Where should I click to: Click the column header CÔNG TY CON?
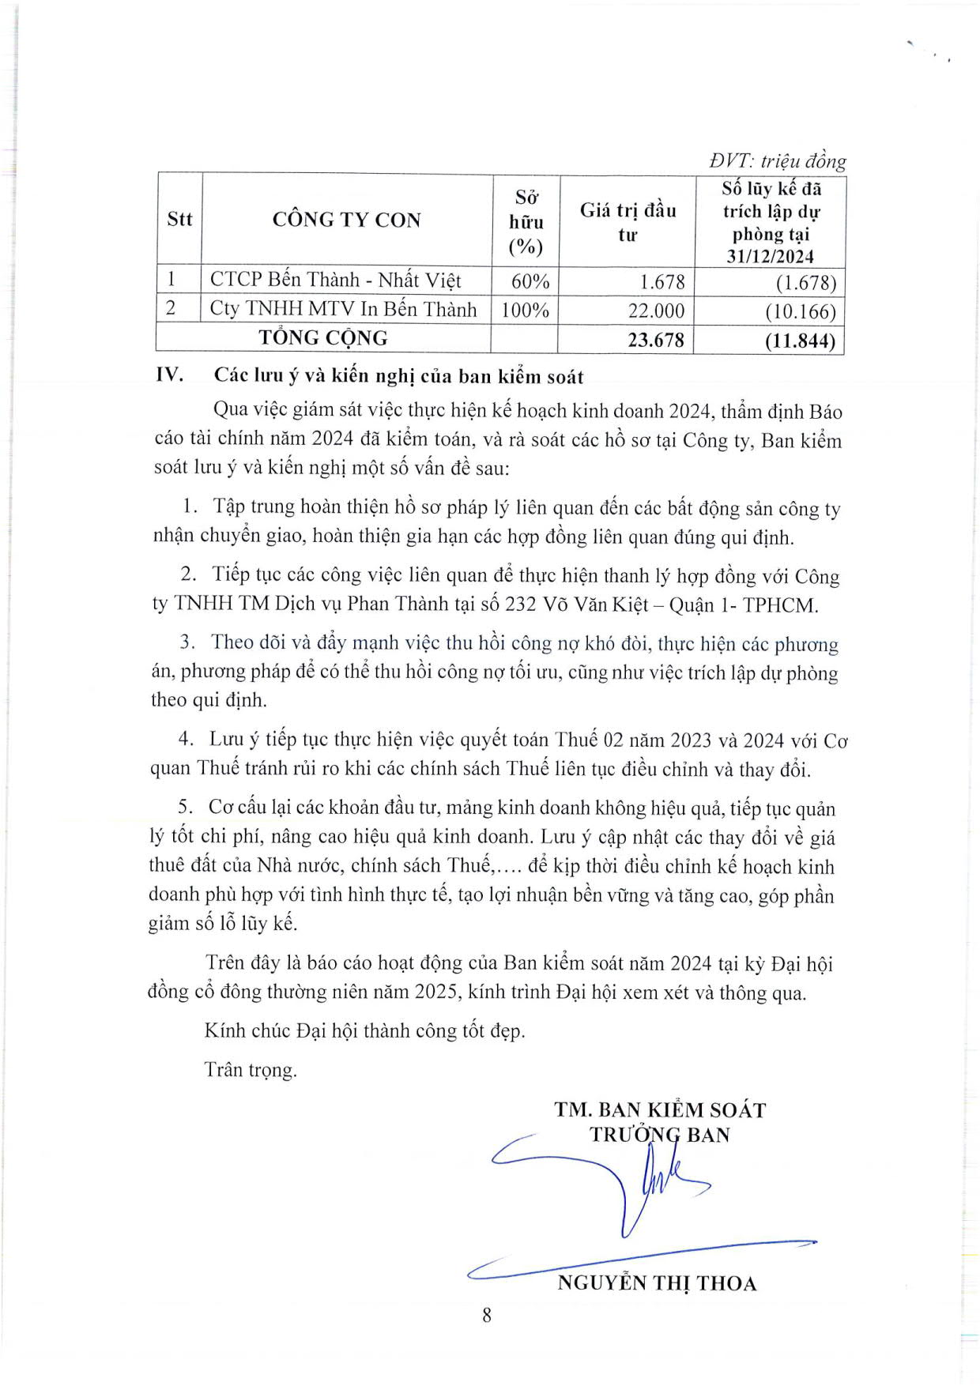346,220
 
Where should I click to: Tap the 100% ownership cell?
525,310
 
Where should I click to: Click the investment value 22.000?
656,311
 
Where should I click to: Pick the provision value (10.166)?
800,311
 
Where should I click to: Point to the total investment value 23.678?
655,340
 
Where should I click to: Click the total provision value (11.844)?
800,341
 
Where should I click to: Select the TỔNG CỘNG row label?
323,338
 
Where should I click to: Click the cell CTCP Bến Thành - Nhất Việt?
336,281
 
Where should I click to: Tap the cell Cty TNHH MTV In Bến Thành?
343,309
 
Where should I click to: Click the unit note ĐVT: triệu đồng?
777,161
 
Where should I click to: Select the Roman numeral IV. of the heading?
170,375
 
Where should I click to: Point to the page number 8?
487,1315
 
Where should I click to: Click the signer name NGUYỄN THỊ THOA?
657,1282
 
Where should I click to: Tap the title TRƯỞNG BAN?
660,1135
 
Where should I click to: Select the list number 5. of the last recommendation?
186,807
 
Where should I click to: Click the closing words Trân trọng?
251,1070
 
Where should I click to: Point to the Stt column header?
179,220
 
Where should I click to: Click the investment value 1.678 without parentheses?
662,282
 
